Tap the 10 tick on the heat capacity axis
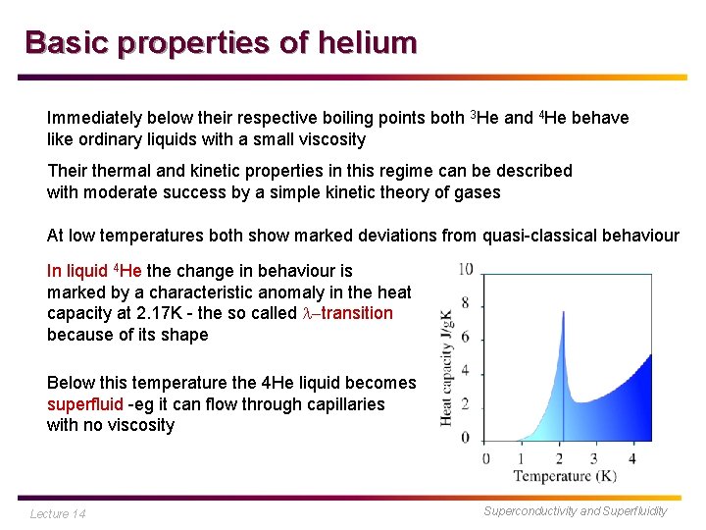tap(466, 269)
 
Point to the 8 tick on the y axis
tap(466, 303)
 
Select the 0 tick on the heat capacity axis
tap(466, 437)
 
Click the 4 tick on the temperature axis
tap(632, 458)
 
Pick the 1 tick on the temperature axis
tap(522, 458)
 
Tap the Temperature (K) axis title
tap(566, 477)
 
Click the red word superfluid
tap(85, 404)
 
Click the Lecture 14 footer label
tap(58, 513)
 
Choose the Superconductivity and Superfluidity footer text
tap(576, 510)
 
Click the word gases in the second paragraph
tap(478, 192)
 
